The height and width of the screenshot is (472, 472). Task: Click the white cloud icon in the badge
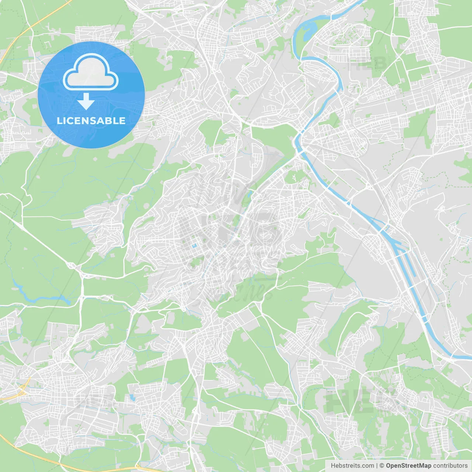[x=91, y=72]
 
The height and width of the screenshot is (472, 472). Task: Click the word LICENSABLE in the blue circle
[x=91, y=121]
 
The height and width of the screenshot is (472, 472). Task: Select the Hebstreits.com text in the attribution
[x=352, y=466]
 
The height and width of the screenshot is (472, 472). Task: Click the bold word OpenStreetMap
[x=408, y=466]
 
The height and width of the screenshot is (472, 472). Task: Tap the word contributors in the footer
[x=450, y=466]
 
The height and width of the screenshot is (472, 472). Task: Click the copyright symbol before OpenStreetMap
[x=382, y=466]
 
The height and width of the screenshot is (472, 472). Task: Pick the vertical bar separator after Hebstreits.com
[x=377, y=466]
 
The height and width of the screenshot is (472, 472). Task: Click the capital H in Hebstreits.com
[x=333, y=466]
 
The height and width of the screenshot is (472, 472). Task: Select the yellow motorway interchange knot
[x=21, y=390]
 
